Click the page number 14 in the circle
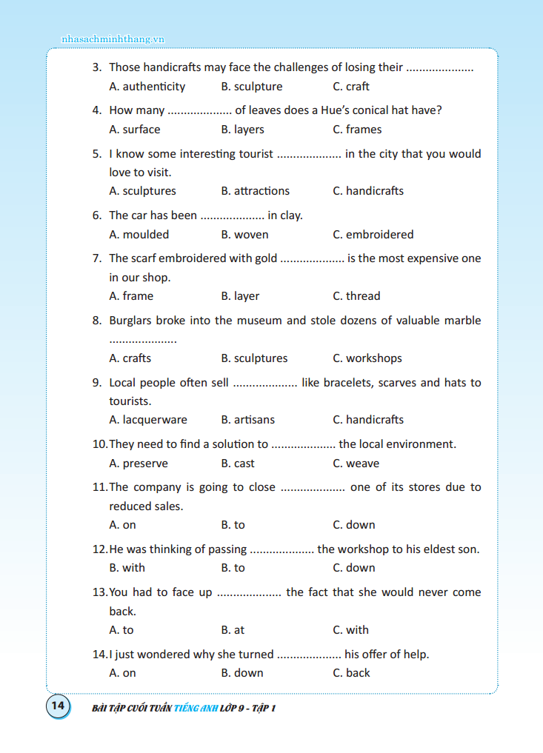[58, 706]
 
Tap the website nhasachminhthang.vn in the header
[112, 39]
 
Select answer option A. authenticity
[147, 87]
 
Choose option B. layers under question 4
[242, 130]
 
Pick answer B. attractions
[255, 191]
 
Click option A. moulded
[139, 235]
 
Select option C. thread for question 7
[356, 296]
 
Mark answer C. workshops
[367, 358]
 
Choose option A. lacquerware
[148, 420]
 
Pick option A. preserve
[139, 463]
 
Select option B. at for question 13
[233, 630]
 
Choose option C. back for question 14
[351, 673]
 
